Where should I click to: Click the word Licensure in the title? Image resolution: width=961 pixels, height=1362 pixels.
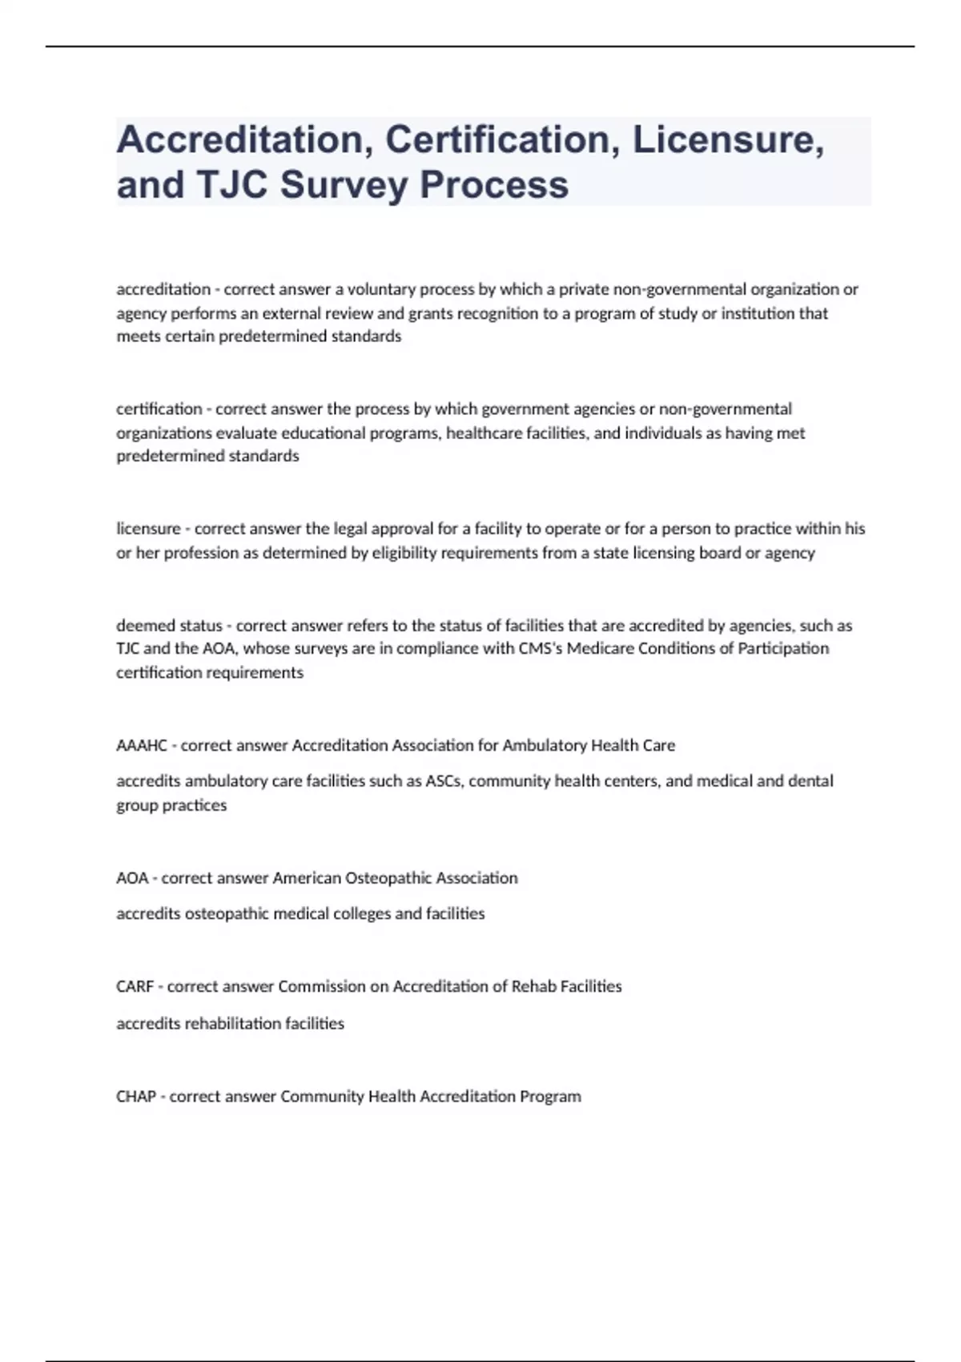[x=724, y=139]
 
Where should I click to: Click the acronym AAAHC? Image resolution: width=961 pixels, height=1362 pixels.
[x=142, y=746]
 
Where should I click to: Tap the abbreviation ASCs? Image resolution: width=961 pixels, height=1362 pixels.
[x=444, y=781]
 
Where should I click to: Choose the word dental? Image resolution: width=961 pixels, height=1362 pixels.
[x=810, y=781]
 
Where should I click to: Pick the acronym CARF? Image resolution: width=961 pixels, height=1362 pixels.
[x=135, y=986]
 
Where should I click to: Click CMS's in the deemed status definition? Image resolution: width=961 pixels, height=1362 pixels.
[x=541, y=648]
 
